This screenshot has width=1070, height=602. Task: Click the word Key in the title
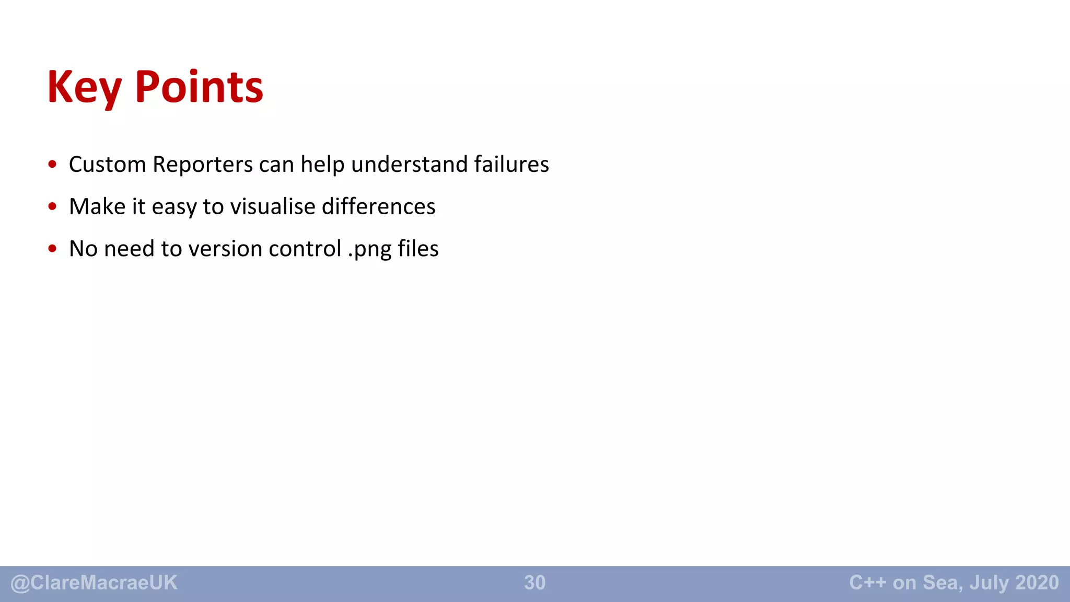tap(84, 88)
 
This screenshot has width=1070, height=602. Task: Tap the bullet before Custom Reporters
tap(52, 165)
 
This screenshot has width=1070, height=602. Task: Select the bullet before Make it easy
tap(52, 206)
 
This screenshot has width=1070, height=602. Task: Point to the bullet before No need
tap(52, 249)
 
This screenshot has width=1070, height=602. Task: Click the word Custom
tap(107, 165)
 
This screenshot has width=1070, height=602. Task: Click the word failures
tap(511, 165)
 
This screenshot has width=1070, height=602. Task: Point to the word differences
tap(378, 206)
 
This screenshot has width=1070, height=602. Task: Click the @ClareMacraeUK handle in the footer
tap(94, 583)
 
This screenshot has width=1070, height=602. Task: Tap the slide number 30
tap(534, 583)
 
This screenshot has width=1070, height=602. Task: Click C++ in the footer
tap(867, 582)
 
